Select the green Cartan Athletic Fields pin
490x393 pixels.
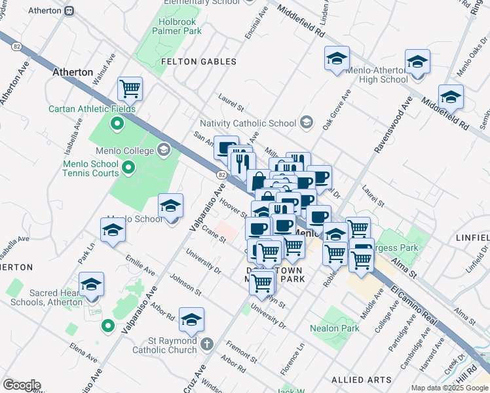[117, 122]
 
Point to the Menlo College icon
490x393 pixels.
[164, 151]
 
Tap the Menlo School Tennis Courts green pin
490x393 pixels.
[128, 169]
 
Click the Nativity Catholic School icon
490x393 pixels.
[305, 122]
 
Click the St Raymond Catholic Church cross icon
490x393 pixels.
[206, 344]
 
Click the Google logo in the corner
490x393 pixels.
[22, 385]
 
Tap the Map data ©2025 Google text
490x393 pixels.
[449, 388]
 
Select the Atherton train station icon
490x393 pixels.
[69, 10]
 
